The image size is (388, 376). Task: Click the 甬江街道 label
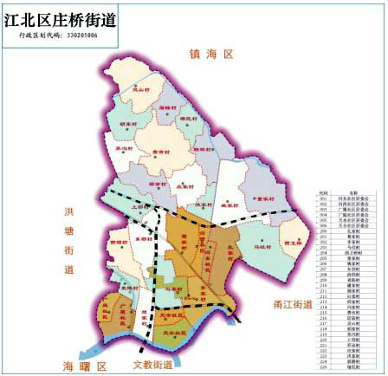285,304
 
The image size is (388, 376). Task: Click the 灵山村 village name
131,97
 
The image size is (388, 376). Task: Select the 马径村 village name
262,247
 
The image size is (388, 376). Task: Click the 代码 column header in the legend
325,193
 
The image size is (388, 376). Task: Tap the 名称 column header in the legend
354,193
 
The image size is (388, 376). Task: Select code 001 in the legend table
325,199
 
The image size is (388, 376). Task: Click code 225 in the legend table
325,366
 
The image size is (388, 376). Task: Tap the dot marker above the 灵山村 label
135,88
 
